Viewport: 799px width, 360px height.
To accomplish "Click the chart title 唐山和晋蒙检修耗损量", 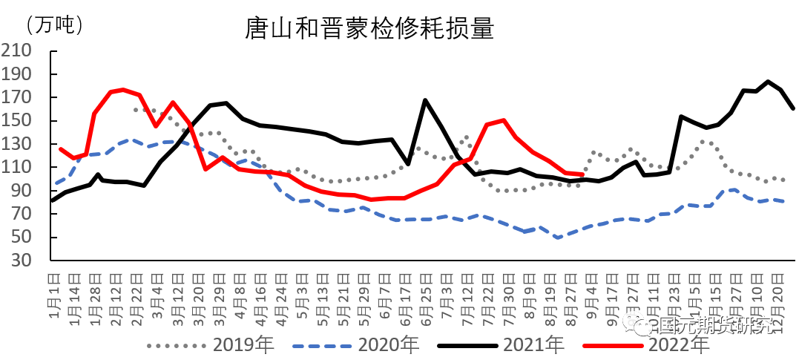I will (x=369, y=29).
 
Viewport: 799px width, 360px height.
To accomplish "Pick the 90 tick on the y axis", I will (x=21, y=191).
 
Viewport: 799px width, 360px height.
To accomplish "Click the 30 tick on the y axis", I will (x=21, y=261).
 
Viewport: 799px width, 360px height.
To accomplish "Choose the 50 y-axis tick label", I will (x=21, y=238).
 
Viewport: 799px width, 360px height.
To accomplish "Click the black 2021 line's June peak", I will (x=425, y=100).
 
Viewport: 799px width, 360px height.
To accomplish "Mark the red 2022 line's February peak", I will (x=123, y=89).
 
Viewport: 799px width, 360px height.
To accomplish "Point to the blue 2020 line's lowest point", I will (x=557, y=238).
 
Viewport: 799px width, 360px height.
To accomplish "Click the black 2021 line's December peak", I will (x=768, y=82).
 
